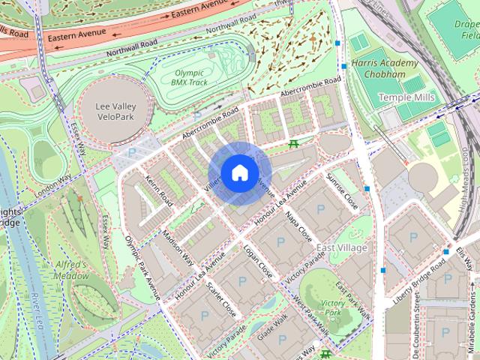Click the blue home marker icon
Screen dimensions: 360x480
239,173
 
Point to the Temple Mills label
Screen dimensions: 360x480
402,97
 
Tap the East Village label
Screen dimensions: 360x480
342,247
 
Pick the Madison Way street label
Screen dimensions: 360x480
178,247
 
